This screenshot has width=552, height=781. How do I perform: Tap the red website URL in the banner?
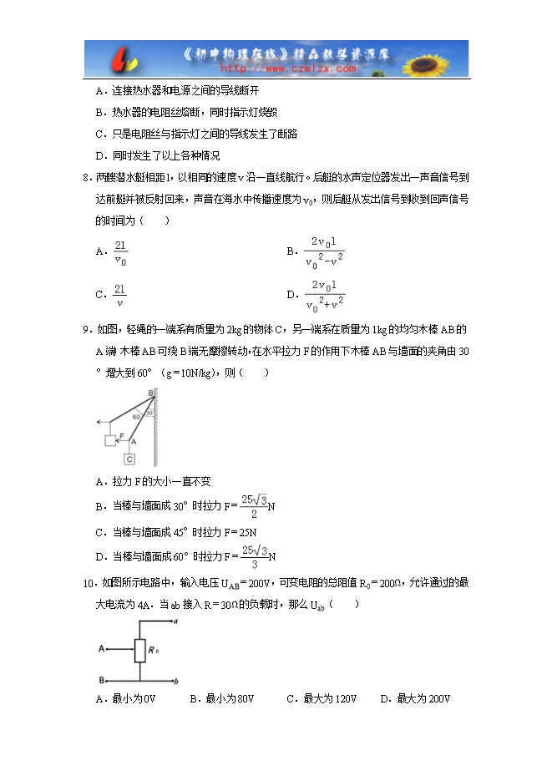click(287, 69)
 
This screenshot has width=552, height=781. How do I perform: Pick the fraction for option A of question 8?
click(120, 252)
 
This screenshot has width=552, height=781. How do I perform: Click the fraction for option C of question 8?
click(120, 297)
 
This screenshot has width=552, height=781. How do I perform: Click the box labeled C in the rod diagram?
click(130, 459)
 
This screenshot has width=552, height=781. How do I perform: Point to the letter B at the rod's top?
click(149, 392)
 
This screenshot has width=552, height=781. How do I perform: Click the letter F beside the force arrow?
click(122, 435)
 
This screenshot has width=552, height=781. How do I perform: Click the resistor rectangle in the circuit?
click(139, 649)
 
